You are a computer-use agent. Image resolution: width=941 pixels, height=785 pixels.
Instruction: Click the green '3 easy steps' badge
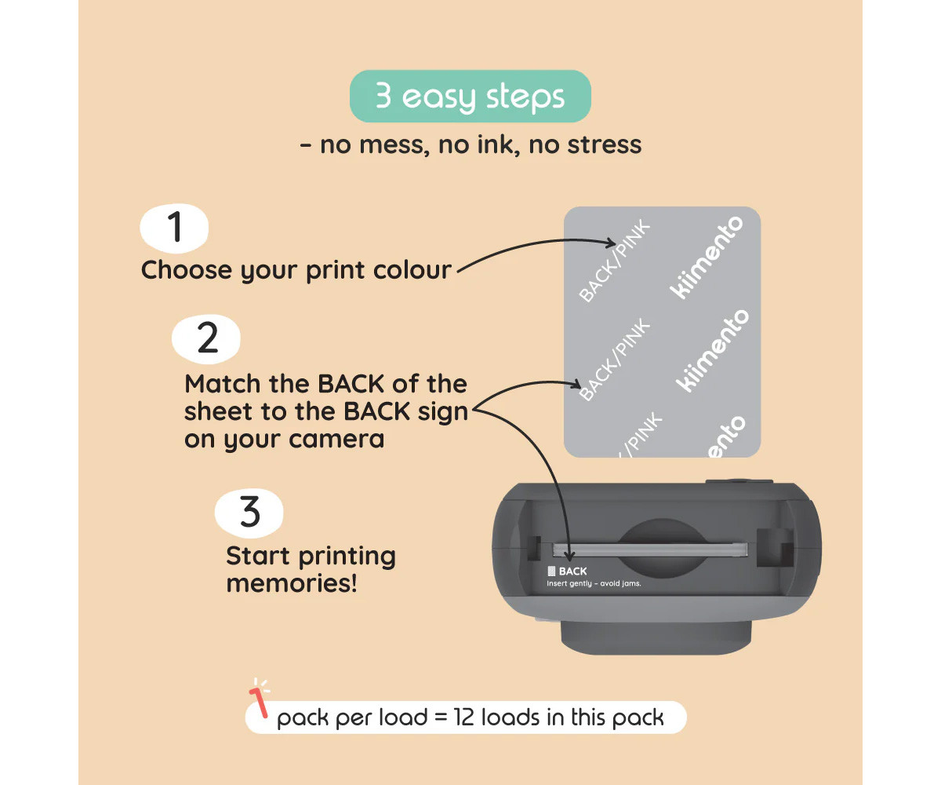click(470, 96)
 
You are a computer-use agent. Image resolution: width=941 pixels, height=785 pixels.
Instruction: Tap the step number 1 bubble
click(174, 228)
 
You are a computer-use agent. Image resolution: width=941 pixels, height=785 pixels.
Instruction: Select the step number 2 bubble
click(206, 339)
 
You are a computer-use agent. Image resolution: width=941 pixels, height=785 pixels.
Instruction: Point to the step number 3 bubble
click(249, 513)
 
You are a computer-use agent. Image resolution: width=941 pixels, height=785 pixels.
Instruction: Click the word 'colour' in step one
click(412, 270)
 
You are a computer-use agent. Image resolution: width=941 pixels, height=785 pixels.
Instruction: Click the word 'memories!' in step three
click(292, 583)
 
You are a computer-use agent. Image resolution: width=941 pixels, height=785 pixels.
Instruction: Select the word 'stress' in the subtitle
click(604, 144)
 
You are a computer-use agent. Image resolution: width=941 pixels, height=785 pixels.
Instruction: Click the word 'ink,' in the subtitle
click(501, 144)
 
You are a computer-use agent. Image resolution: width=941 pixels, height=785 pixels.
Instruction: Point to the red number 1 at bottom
click(259, 702)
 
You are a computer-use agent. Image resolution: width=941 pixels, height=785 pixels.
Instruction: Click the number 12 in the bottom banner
click(464, 717)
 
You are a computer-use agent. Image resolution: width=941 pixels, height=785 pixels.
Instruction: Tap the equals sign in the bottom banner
click(440, 717)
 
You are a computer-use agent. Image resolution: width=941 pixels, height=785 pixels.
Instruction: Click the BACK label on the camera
click(572, 571)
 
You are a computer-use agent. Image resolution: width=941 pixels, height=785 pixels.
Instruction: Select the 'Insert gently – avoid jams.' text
click(594, 583)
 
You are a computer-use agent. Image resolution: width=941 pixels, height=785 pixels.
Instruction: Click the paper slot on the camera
click(650, 550)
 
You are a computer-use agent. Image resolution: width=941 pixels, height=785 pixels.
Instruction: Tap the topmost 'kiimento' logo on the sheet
click(707, 257)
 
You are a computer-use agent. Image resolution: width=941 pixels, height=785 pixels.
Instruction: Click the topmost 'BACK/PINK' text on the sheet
click(615, 261)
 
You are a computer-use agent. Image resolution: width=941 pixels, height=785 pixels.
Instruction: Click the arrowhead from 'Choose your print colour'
click(611, 243)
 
